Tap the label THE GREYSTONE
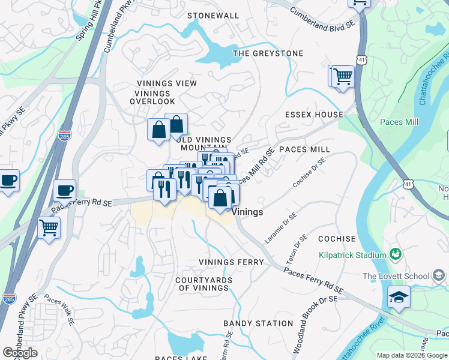point(268,53)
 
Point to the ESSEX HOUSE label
point(314,115)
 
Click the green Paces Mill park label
point(399,122)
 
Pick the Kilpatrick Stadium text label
point(351,256)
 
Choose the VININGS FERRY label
point(231,262)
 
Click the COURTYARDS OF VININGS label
point(202,284)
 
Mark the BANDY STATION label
point(258,323)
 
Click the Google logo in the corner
point(20,353)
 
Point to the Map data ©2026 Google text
point(412,355)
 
